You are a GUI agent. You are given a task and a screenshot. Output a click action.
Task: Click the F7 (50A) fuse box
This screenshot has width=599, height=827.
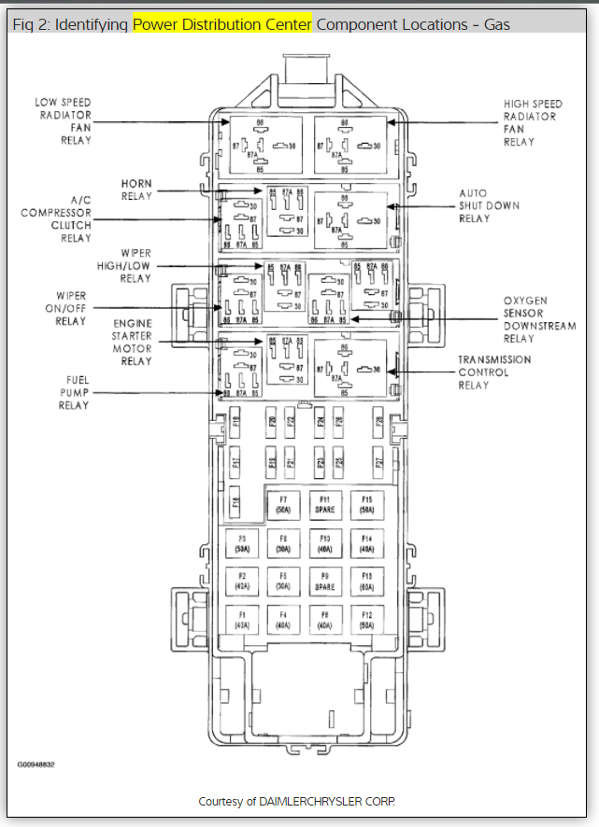[x=282, y=505]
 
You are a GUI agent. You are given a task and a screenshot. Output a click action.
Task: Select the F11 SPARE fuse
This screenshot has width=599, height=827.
[x=324, y=505]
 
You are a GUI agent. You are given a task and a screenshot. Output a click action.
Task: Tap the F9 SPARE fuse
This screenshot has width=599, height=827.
[x=324, y=582]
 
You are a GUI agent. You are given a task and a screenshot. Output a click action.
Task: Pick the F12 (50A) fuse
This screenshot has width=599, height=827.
[x=366, y=619]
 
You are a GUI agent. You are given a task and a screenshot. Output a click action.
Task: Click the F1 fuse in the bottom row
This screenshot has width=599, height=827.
[x=241, y=619]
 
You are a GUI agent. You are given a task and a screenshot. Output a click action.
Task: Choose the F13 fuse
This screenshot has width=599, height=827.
[x=366, y=582]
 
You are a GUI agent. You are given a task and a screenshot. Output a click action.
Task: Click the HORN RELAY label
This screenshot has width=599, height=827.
[x=136, y=189]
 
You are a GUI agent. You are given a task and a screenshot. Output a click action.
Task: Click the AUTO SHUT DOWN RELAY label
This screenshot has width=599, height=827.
[x=488, y=205]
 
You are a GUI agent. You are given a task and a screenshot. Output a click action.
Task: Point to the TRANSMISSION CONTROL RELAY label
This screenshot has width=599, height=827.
[x=493, y=372]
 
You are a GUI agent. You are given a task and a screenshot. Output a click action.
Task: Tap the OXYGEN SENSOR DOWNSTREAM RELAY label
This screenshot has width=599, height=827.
[x=539, y=320]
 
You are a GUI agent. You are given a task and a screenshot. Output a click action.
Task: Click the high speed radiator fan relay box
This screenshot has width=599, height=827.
[x=349, y=145]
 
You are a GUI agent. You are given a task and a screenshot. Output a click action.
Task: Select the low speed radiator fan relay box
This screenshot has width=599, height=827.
[x=262, y=145]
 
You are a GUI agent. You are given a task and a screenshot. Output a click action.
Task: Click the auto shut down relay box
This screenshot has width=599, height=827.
[x=349, y=220]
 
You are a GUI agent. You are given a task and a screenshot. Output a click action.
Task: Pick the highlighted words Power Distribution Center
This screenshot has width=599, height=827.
[x=222, y=23]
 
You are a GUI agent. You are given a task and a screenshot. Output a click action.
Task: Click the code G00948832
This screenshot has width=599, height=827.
[x=36, y=764]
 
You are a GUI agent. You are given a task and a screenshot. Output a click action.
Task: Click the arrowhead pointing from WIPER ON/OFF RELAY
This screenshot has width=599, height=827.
[x=223, y=307]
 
